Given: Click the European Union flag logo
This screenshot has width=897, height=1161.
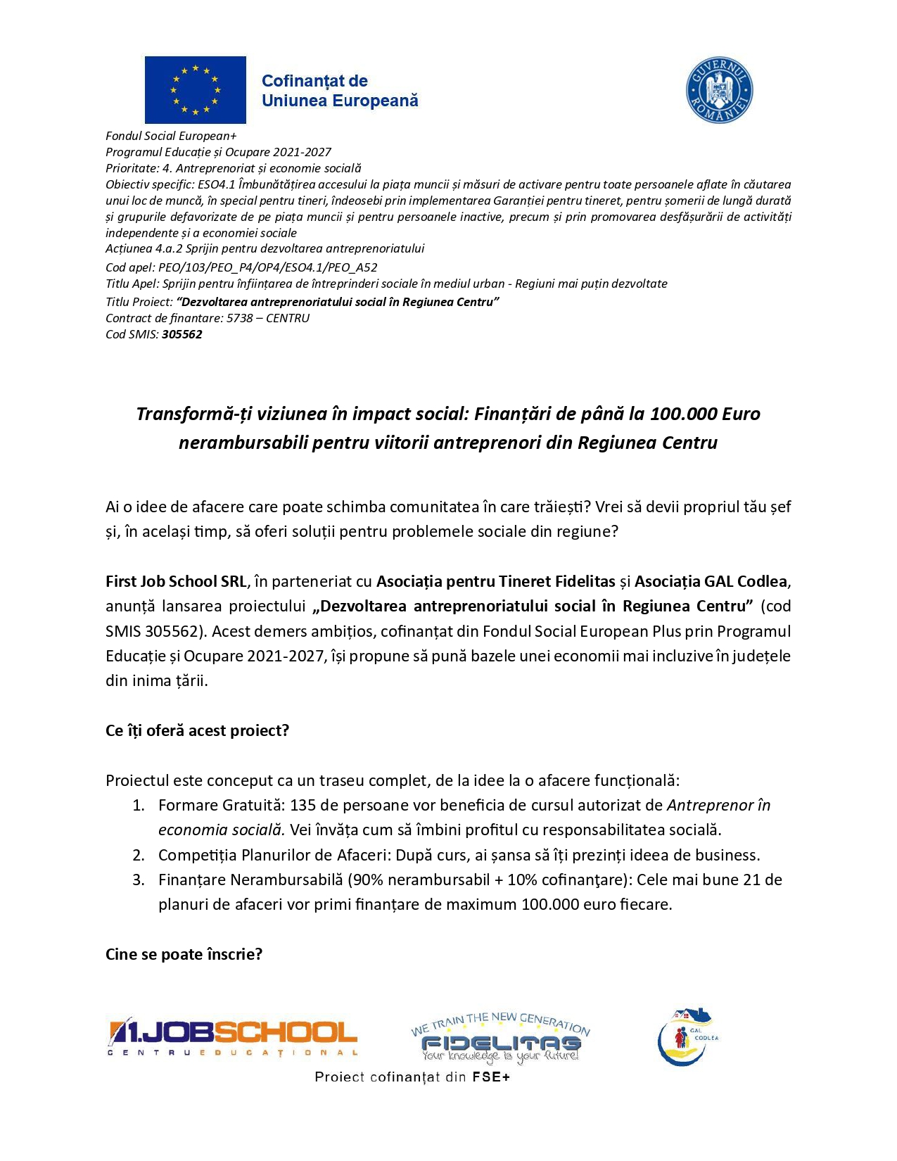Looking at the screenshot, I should pos(195,89).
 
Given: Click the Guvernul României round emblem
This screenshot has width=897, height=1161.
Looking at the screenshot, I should pos(719,91).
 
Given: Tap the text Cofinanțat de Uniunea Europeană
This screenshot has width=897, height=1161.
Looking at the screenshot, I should pos(340,91).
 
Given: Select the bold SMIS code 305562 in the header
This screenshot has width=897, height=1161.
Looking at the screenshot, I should pos(182,334).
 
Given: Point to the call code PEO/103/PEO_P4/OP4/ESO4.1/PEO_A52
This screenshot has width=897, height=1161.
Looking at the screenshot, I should pos(268,267).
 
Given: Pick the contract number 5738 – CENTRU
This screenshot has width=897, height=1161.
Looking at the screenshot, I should pos(268,318).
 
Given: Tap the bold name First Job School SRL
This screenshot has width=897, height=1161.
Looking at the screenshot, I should pos(176,581).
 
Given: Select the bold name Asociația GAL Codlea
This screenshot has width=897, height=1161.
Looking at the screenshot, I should pos(711,581).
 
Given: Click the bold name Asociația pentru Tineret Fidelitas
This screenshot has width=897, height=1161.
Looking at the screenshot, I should pos(496,581).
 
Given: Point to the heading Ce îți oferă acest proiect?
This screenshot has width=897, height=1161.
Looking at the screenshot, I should pos(197,730).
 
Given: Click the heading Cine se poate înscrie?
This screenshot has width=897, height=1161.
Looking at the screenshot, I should pos(184,954).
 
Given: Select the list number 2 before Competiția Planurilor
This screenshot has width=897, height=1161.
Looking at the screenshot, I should pos(139,855).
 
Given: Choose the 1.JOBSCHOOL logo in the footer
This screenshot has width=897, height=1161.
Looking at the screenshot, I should pos(232,1037).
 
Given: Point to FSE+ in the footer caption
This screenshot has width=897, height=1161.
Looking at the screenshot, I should pos(490,1077).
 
